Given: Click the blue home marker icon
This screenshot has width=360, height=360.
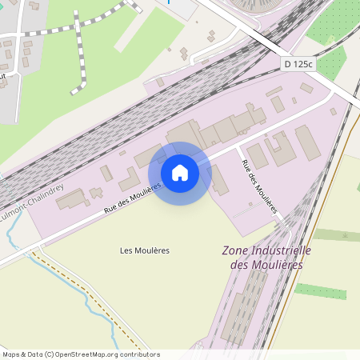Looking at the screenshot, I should [180, 172].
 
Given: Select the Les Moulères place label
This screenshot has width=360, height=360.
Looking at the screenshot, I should [145, 250].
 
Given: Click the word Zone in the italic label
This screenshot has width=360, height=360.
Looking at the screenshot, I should [238, 250].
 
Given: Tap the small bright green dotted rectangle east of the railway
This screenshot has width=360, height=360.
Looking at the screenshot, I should [320, 291].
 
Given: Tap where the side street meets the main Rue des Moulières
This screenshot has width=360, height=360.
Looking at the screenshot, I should [238, 149].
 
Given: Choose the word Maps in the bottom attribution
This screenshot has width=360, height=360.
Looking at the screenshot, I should [12, 354].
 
